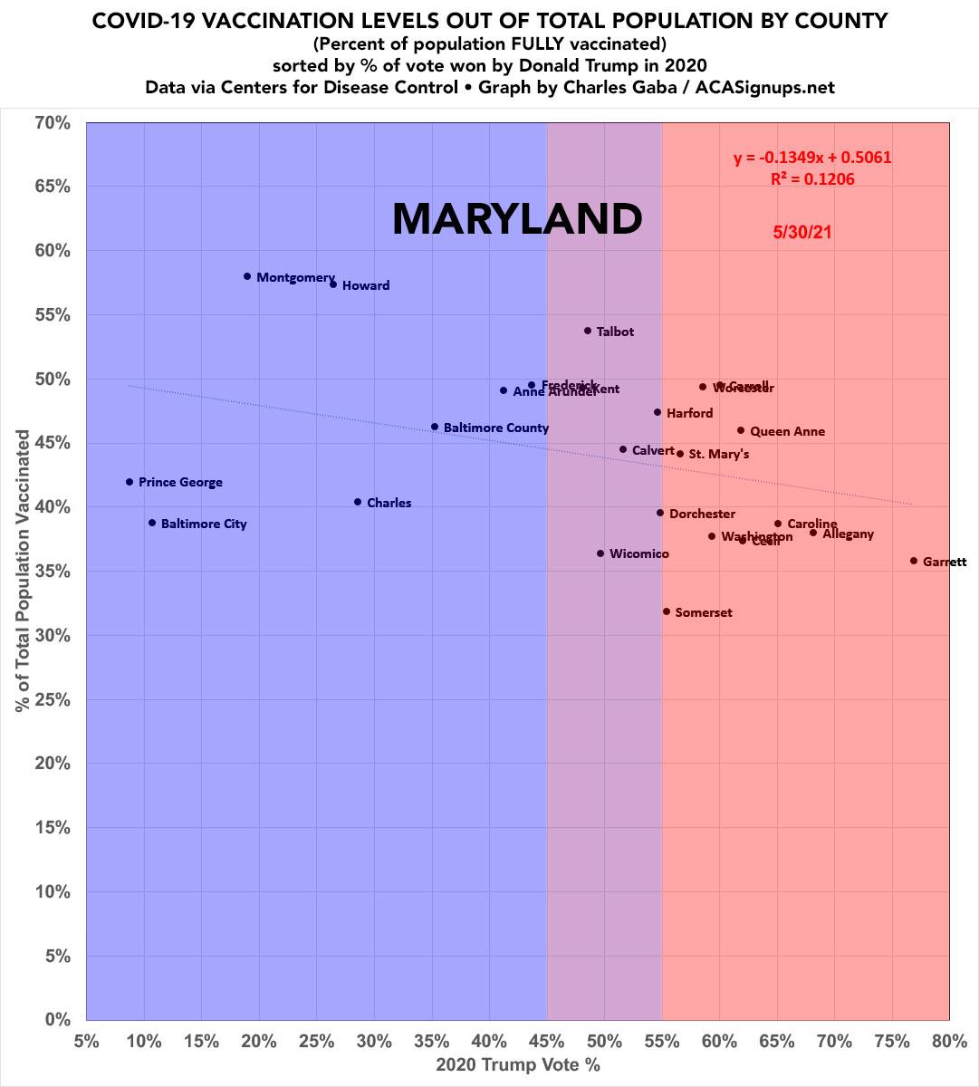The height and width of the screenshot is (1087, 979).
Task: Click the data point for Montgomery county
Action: coord(247,276)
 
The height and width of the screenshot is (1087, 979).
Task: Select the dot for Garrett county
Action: coord(914,561)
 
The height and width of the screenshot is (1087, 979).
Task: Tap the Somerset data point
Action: coord(667,611)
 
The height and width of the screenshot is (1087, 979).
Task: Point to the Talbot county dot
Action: coord(588,331)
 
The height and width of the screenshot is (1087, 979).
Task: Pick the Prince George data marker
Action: coord(130,482)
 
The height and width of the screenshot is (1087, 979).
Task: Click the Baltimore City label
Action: coord(204,524)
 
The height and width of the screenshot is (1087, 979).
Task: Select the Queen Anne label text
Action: coord(787,431)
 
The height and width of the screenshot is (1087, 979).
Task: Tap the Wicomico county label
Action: coord(639,553)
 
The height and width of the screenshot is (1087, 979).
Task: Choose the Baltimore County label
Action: coord(495,428)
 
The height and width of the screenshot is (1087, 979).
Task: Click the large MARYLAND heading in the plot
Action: coord(517,219)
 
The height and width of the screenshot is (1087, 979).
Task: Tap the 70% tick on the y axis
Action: coord(53,122)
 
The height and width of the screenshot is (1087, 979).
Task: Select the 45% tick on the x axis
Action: coord(547,1041)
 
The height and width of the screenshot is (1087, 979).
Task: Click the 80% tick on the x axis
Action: coord(949,1041)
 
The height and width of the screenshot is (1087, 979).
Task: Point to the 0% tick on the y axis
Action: coord(58,1020)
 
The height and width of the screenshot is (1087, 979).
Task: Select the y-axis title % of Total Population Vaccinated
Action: coord(23,571)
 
